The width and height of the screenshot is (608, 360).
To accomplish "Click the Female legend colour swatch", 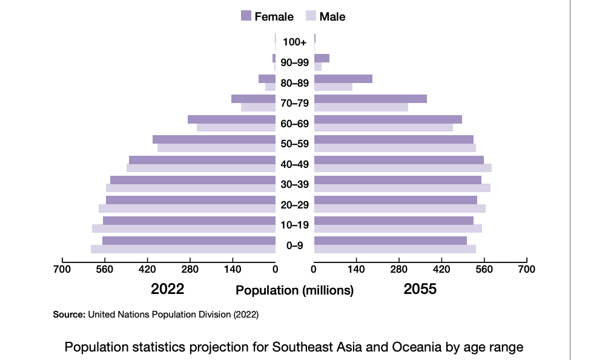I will tap(246, 16).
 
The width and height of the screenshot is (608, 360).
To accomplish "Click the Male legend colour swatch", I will tap(311, 16).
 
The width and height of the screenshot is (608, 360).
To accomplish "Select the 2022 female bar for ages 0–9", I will tap(189, 241).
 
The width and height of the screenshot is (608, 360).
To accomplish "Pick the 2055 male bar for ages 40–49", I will tap(403, 168).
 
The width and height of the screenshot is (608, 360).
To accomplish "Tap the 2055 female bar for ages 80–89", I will tap(343, 79).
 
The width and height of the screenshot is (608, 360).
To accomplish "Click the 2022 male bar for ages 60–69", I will tap(236, 127).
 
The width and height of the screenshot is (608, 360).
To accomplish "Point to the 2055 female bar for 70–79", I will tap(371, 99).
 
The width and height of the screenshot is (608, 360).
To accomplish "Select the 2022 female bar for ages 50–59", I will tap(214, 139).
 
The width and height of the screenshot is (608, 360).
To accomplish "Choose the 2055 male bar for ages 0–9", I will tap(395, 249).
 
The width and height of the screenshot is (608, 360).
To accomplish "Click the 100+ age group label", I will tap(295, 42).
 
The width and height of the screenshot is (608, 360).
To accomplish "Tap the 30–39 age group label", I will tap(295, 184).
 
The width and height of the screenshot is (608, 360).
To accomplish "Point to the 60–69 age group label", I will tap(295, 124).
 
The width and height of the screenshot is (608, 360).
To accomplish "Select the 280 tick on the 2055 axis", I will tap(399, 269).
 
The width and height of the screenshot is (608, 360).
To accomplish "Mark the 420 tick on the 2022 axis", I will tap(148, 269).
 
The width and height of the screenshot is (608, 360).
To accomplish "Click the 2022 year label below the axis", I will tap(167, 289).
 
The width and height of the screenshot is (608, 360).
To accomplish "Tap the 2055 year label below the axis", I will tap(420, 289).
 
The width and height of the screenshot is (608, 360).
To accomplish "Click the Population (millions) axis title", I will tap(294, 290).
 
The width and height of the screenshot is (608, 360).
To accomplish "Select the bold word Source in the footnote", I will tap(69, 315).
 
